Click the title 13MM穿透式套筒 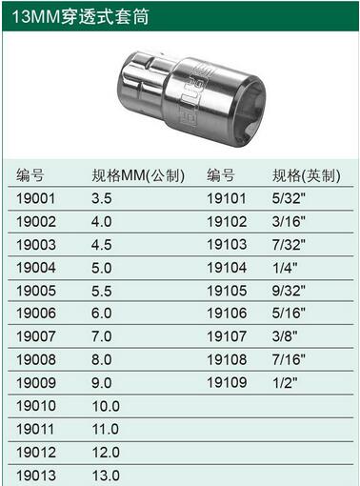[x=80, y=16]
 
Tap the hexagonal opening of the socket [x=250, y=112]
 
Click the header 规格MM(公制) [x=138, y=175]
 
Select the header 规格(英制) [x=307, y=175]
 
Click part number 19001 [x=35, y=198]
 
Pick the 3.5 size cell [x=102, y=198]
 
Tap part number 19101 [x=227, y=198]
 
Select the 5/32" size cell [x=289, y=198]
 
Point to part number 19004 [x=36, y=268]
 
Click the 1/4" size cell [x=285, y=268]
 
